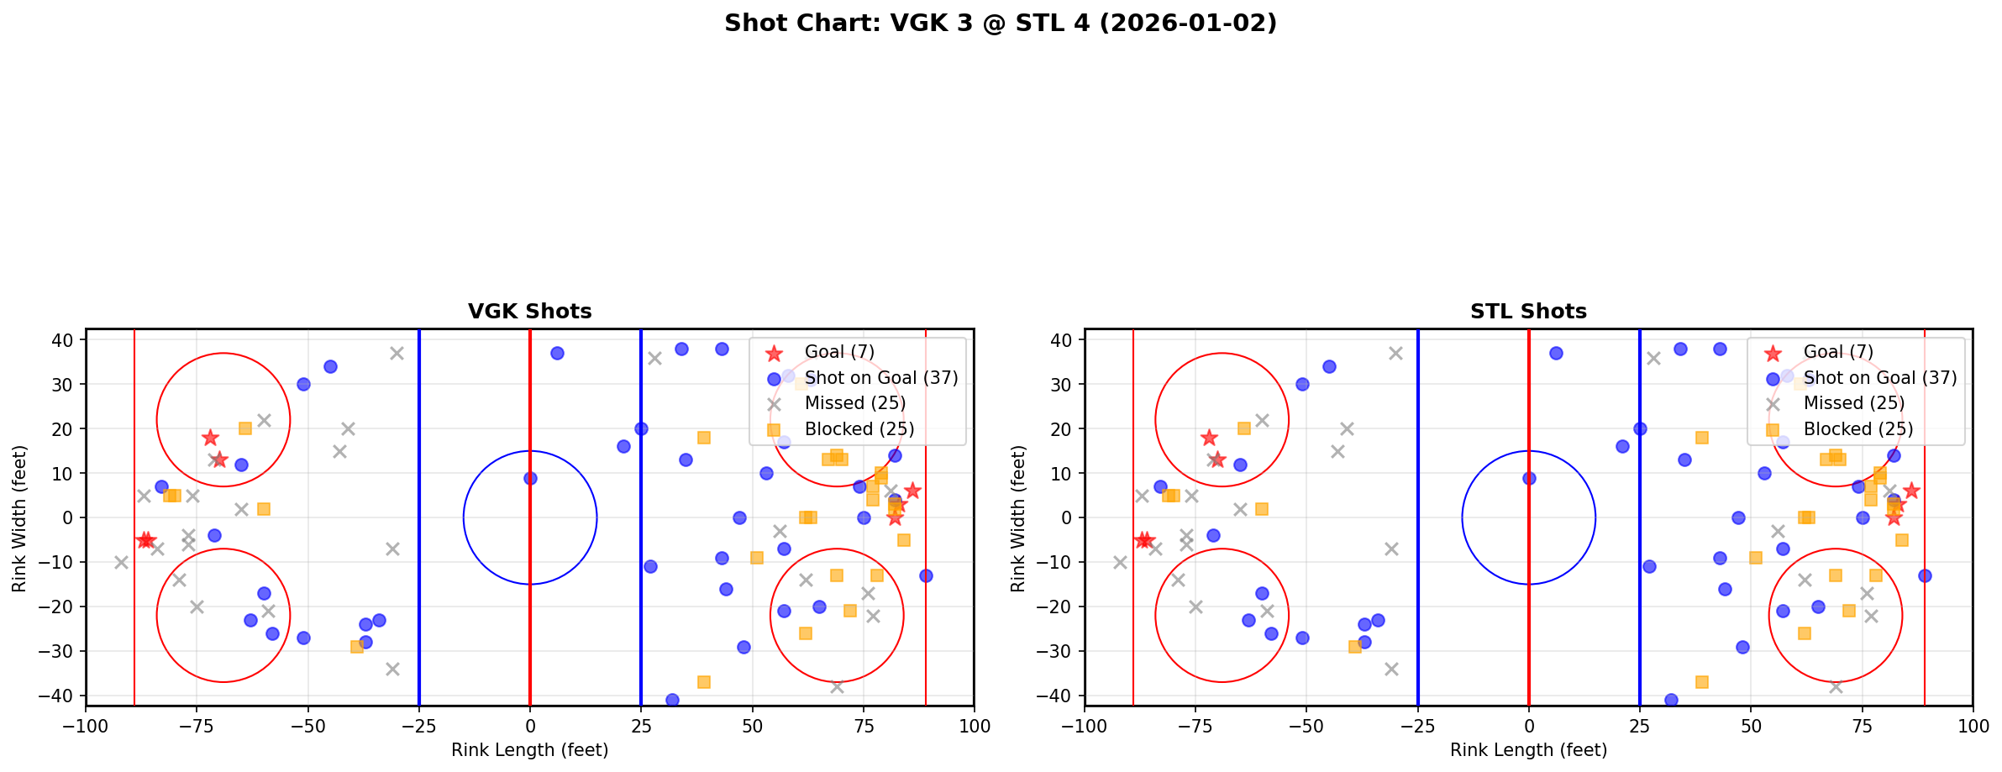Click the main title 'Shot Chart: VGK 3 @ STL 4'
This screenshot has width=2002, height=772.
[x=1000, y=24]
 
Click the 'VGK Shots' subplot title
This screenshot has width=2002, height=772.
[x=529, y=312]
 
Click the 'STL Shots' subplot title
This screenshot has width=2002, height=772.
[x=1528, y=312]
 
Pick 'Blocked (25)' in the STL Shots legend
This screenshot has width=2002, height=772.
[x=1857, y=429]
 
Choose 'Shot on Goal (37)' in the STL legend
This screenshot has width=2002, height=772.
[x=1879, y=378]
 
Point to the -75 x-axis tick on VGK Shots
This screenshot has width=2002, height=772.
[x=197, y=726]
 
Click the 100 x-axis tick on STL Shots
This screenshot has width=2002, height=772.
[x=1972, y=726]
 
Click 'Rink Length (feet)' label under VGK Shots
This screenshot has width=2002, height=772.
[x=529, y=750]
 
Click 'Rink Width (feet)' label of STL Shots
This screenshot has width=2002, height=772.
[x=1018, y=518]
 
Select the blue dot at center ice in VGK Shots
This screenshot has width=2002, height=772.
[x=530, y=478]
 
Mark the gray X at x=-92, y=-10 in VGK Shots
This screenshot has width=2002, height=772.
[x=122, y=562]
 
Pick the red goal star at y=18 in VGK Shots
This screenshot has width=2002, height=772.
[x=210, y=438]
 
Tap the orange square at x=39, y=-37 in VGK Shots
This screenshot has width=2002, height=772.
[x=703, y=682]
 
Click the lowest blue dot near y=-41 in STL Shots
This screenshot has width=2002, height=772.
[x=1671, y=700]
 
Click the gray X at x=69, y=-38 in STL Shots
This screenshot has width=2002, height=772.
[x=1835, y=686]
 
